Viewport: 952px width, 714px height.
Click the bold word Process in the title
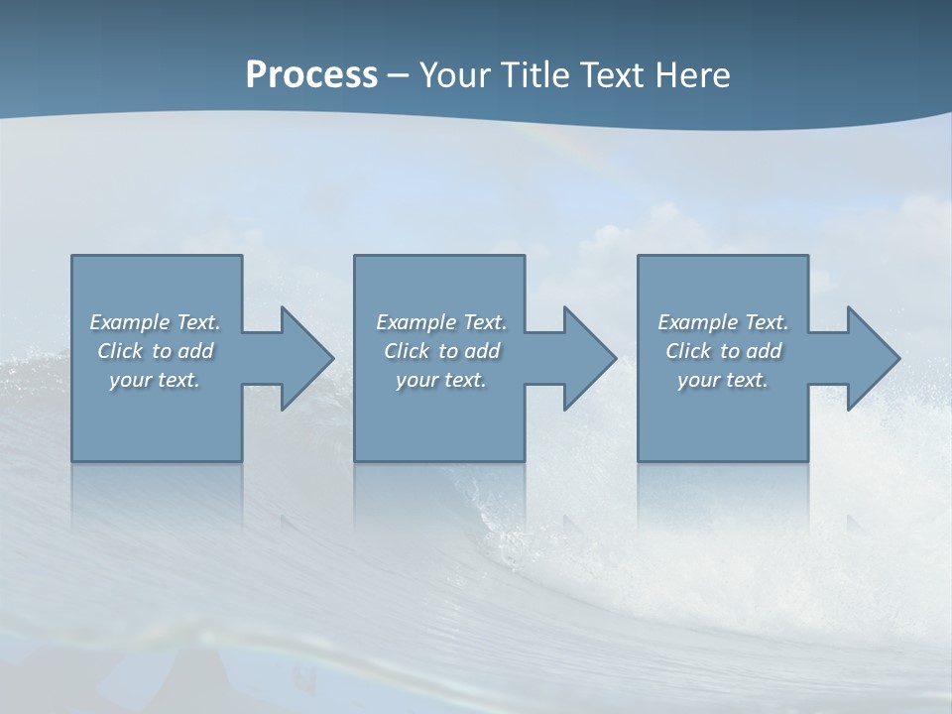(x=311, y=75)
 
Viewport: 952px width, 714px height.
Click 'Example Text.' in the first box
(x=155, y=322)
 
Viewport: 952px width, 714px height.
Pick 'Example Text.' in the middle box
(x=441, y=322)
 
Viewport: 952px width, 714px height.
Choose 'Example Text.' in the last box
(x=723, y=322)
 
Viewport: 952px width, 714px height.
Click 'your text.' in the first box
(x=155, y=380)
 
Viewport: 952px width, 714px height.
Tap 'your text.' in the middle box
(x=441, y=380)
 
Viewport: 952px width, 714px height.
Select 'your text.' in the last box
(x=723, y=380)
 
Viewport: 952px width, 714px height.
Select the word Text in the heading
(x=611, y=75)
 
